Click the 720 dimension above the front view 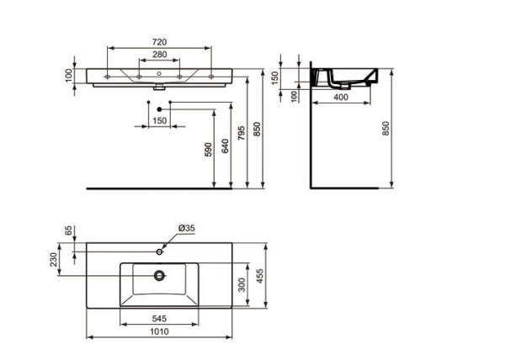159,40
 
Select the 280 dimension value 159,55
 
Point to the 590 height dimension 209,150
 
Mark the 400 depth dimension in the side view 342,98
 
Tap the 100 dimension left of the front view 70,77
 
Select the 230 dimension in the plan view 56,261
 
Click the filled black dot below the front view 159,109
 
